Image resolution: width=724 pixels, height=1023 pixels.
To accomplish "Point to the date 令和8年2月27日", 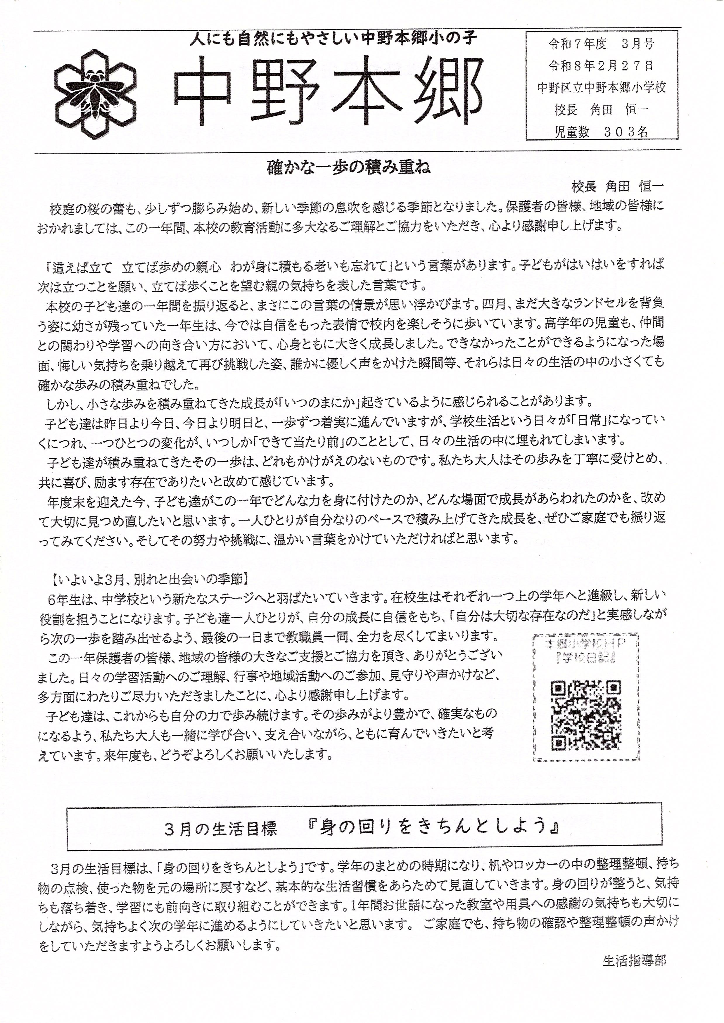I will click(x=602, y=66).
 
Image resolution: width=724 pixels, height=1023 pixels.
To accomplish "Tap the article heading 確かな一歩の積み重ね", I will click(x=349, y=168).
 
